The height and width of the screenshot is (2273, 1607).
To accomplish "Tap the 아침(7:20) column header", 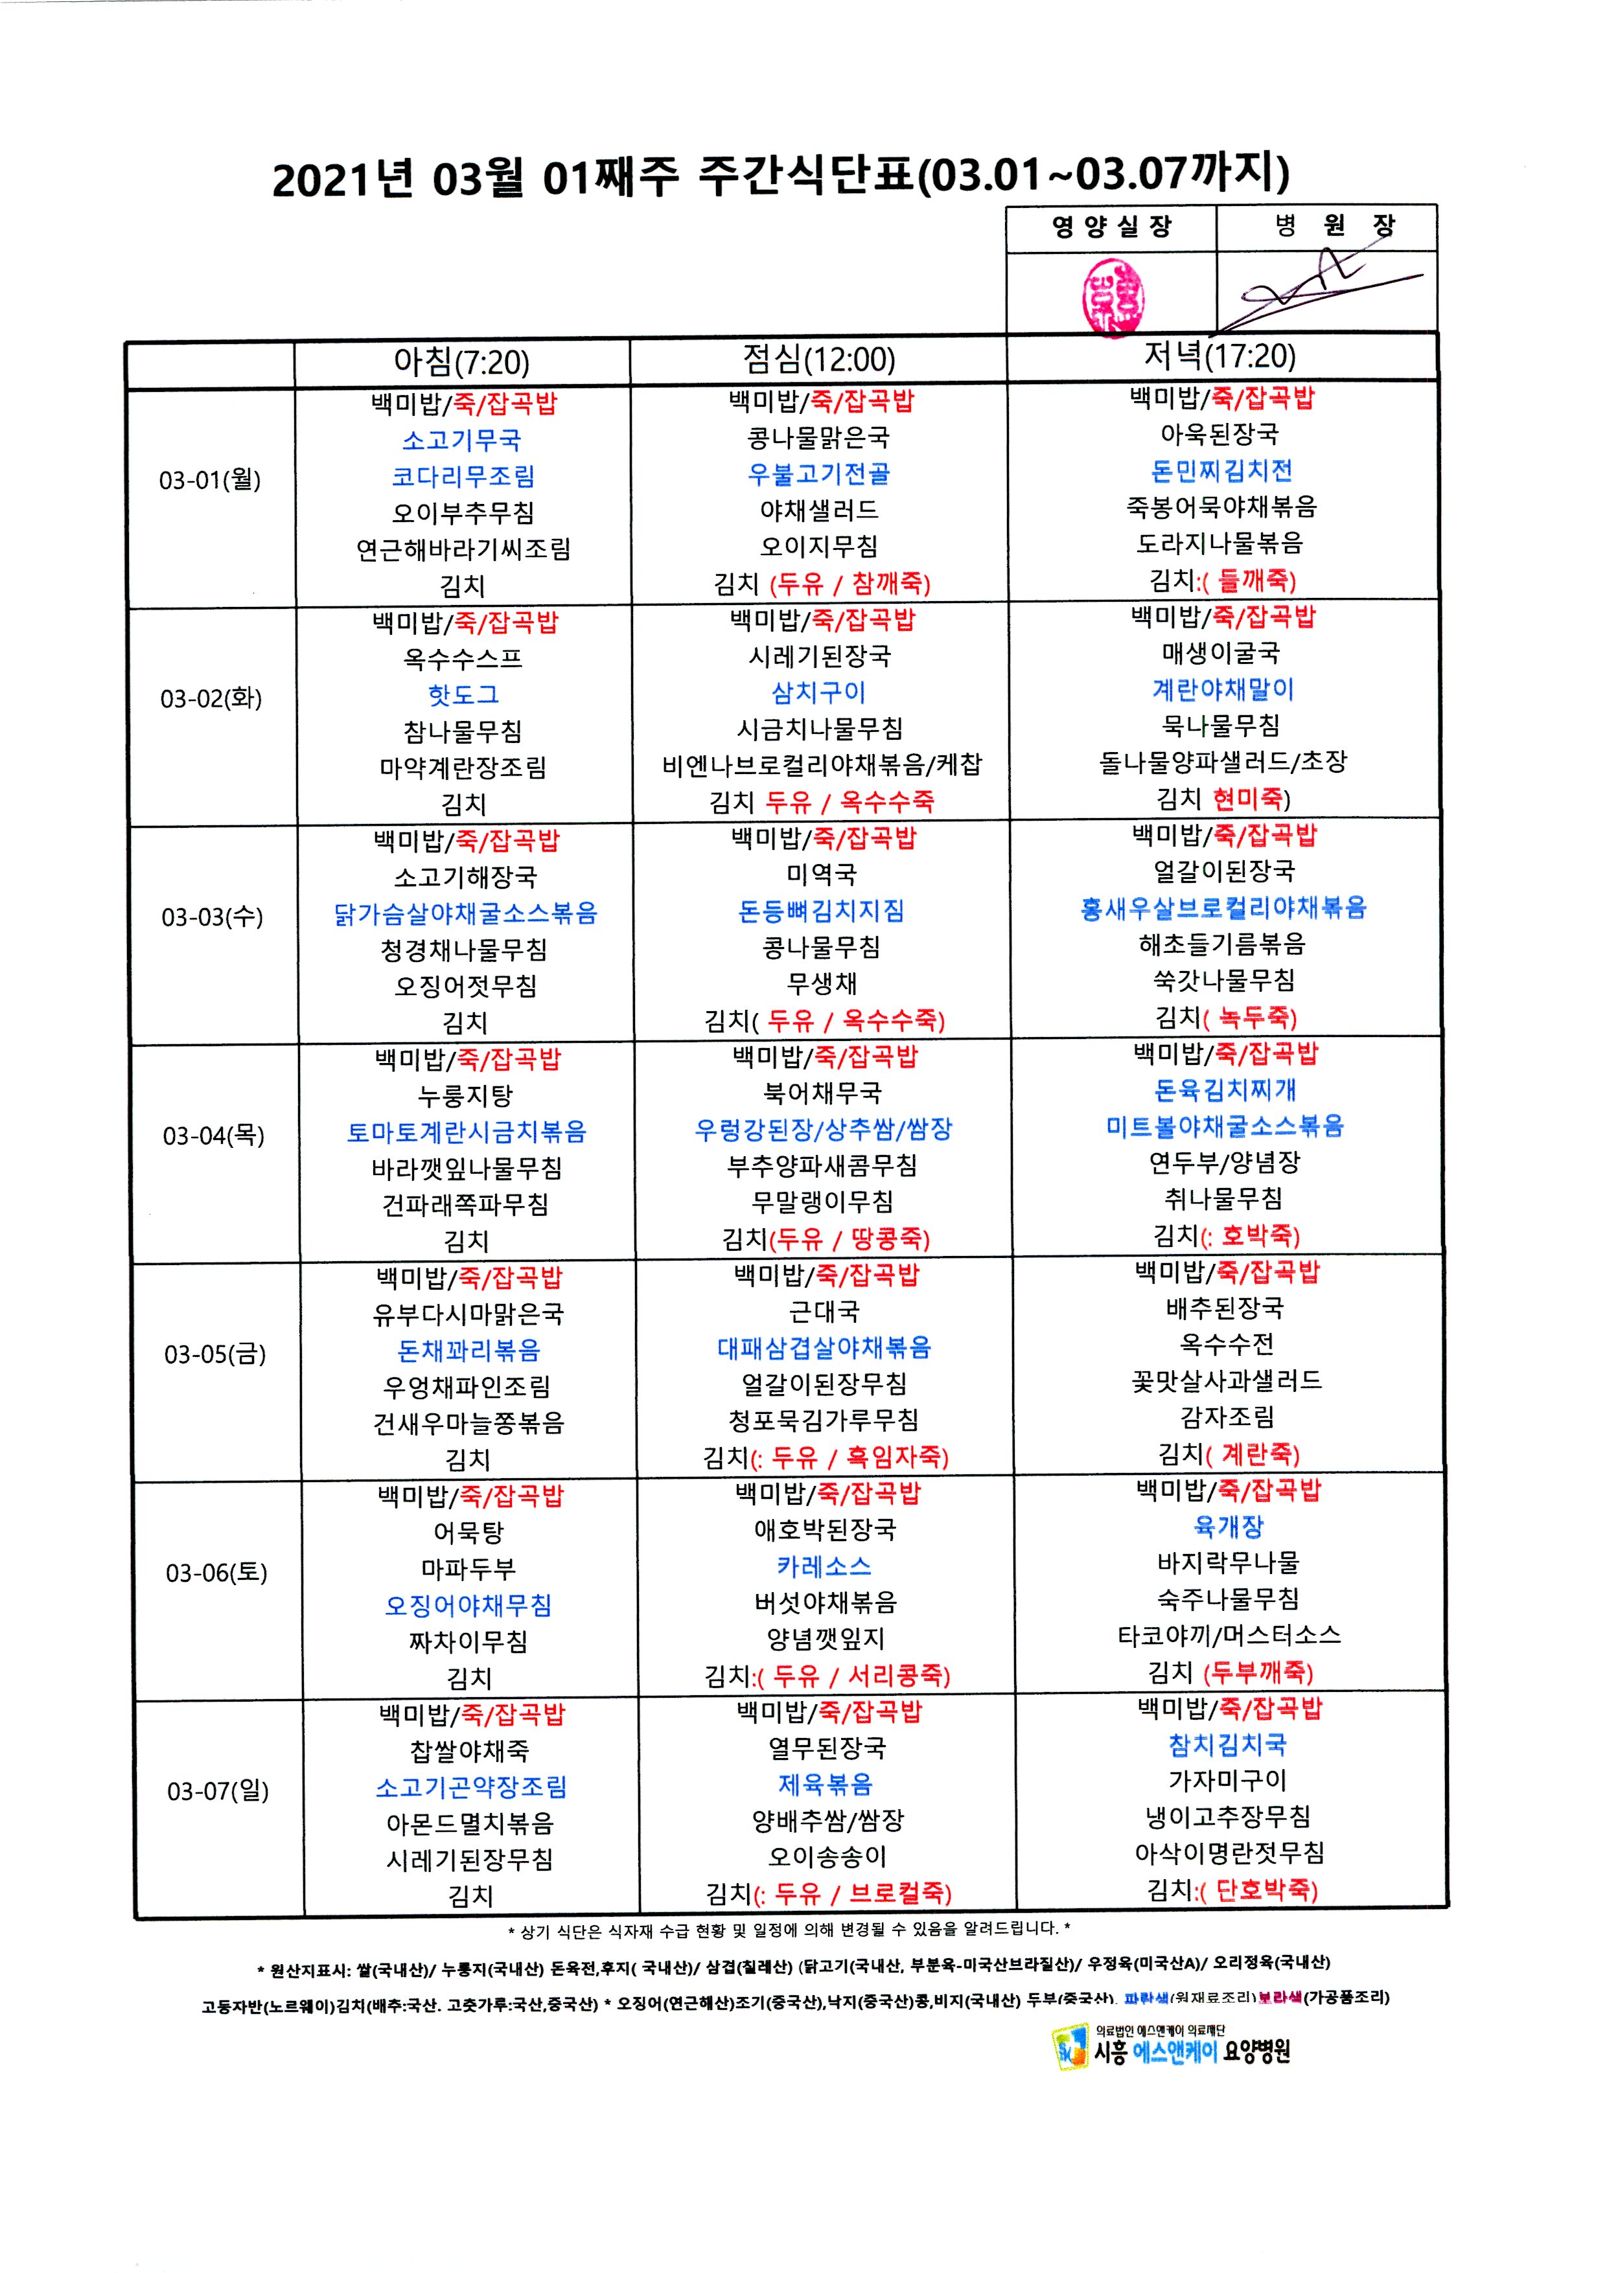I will coord(461,362).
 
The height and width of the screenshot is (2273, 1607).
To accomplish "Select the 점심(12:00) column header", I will coord(819,360).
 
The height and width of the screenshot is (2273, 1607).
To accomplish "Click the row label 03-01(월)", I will coord(210,480).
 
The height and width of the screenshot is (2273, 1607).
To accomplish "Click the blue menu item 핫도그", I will coord(463,695).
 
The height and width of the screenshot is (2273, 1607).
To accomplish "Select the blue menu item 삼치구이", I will coord(819,692).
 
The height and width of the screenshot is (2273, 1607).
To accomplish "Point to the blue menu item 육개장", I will coord(1229,1527).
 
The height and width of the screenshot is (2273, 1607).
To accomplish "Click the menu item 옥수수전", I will coord(1226,1344).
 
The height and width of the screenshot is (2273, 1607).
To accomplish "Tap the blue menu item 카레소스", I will coord(824,1566).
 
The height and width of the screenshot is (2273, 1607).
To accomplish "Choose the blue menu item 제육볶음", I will coord(825,1784).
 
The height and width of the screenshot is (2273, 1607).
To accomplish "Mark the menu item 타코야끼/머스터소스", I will coord(1229,1636).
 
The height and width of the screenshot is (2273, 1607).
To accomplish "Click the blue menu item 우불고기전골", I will coord(819,474).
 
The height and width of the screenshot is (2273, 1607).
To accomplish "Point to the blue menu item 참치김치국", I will coord(1228,1744).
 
